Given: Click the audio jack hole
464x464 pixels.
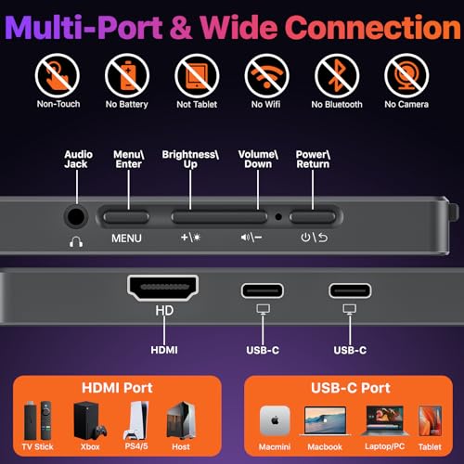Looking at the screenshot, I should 77,217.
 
